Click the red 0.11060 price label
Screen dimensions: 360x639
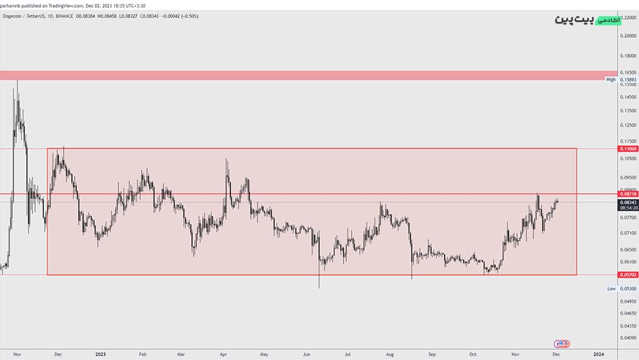[628, 149]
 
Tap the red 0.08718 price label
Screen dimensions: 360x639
[628, 194]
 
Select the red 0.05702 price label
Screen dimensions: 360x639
[628, 275]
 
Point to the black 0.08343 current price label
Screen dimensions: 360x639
[628, 202]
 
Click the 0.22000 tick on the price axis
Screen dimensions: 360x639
[628, 17]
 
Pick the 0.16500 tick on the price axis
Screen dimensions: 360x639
[628, 72]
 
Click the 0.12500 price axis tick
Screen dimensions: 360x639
[628, 125]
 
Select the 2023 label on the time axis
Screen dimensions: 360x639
[100, 354]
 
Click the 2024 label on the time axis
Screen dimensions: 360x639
[598, 354]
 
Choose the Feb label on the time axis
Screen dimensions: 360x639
[142, 354]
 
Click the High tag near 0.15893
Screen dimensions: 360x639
[610, 79]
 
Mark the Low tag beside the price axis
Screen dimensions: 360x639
[611, 288]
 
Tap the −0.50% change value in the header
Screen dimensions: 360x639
[189, 16]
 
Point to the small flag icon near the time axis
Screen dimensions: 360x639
[562, 343]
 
